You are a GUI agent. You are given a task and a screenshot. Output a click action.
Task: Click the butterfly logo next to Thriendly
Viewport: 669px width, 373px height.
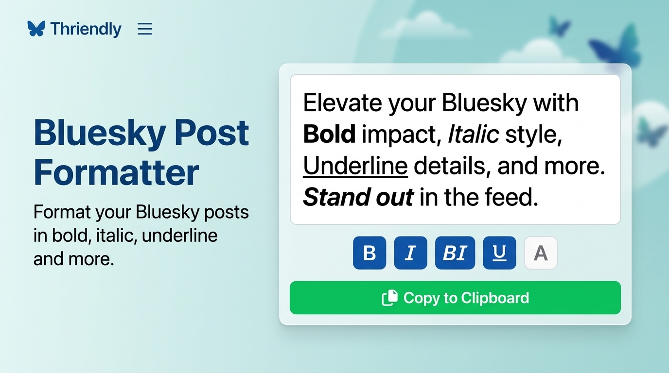36,29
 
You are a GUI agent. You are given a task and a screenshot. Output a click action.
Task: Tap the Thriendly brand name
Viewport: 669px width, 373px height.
86,29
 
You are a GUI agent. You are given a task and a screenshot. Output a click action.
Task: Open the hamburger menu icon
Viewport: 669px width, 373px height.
145,29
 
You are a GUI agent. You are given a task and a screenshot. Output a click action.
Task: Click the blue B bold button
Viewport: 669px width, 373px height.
370,253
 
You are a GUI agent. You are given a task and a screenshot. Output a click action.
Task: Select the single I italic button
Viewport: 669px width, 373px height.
410,253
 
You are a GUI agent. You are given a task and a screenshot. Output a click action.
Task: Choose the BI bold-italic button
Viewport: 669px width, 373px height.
455,253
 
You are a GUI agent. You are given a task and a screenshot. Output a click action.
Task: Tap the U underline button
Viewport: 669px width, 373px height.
499,253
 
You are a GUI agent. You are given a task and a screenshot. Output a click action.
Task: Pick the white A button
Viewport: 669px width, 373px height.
541,253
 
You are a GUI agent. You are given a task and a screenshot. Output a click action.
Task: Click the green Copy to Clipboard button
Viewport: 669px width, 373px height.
455,298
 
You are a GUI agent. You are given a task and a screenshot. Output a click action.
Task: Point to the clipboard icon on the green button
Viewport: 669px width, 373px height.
390,298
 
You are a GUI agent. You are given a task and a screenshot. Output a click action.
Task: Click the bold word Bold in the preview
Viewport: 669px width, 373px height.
329,135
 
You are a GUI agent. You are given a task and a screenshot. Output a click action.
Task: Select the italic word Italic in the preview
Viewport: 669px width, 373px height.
473,135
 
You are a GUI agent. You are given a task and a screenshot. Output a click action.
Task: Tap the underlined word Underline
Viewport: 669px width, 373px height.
355,166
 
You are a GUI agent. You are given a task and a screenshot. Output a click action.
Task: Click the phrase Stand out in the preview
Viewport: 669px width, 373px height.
358,198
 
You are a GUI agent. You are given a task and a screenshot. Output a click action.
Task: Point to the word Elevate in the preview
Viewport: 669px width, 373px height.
336,103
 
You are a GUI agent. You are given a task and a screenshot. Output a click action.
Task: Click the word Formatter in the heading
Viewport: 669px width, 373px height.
117,172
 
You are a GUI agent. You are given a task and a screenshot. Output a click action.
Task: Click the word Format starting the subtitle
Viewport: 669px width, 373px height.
62,212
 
